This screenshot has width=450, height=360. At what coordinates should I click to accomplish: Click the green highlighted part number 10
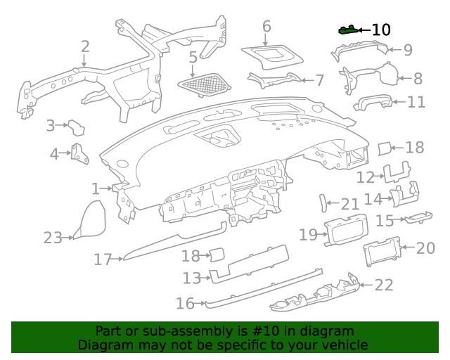coord(348,30)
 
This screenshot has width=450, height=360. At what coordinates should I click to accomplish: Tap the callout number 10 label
coord(381,30)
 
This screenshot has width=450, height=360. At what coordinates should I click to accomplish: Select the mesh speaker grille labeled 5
coord(204,84)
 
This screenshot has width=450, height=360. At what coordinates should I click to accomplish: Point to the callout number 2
coord(85,47)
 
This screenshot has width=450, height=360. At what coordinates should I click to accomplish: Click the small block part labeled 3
coord(77,128)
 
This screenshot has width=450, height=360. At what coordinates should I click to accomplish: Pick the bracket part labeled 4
coord(79,154)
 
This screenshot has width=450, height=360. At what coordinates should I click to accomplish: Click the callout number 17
coord(103,259)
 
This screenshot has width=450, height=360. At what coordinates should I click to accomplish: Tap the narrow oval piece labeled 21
coord(323,203)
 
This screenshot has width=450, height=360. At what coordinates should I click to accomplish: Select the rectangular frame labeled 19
coord(346,230)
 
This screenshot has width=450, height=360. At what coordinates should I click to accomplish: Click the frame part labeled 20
coord(382,252)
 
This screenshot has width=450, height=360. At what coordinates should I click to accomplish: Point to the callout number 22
coord(384,285)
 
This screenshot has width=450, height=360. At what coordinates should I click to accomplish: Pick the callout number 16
coord(185,304)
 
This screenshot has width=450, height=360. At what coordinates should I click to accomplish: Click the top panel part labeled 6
coord(273,58)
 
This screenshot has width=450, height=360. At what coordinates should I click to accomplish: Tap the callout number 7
coord(320,80)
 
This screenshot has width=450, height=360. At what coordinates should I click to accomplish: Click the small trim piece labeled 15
coord(418,217)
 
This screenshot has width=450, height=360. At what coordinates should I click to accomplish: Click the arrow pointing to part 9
coord(394,50)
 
